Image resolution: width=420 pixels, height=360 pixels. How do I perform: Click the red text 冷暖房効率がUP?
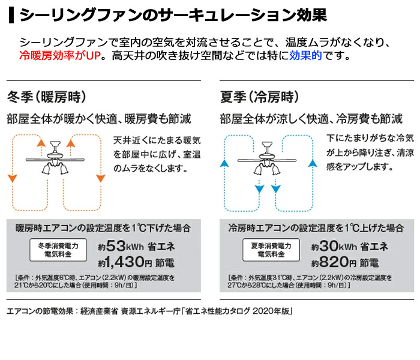tap(60, 57)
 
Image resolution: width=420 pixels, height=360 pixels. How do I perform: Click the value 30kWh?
tap(337, 245)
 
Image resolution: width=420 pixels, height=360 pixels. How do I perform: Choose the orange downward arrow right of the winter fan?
tap(100, 178)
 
